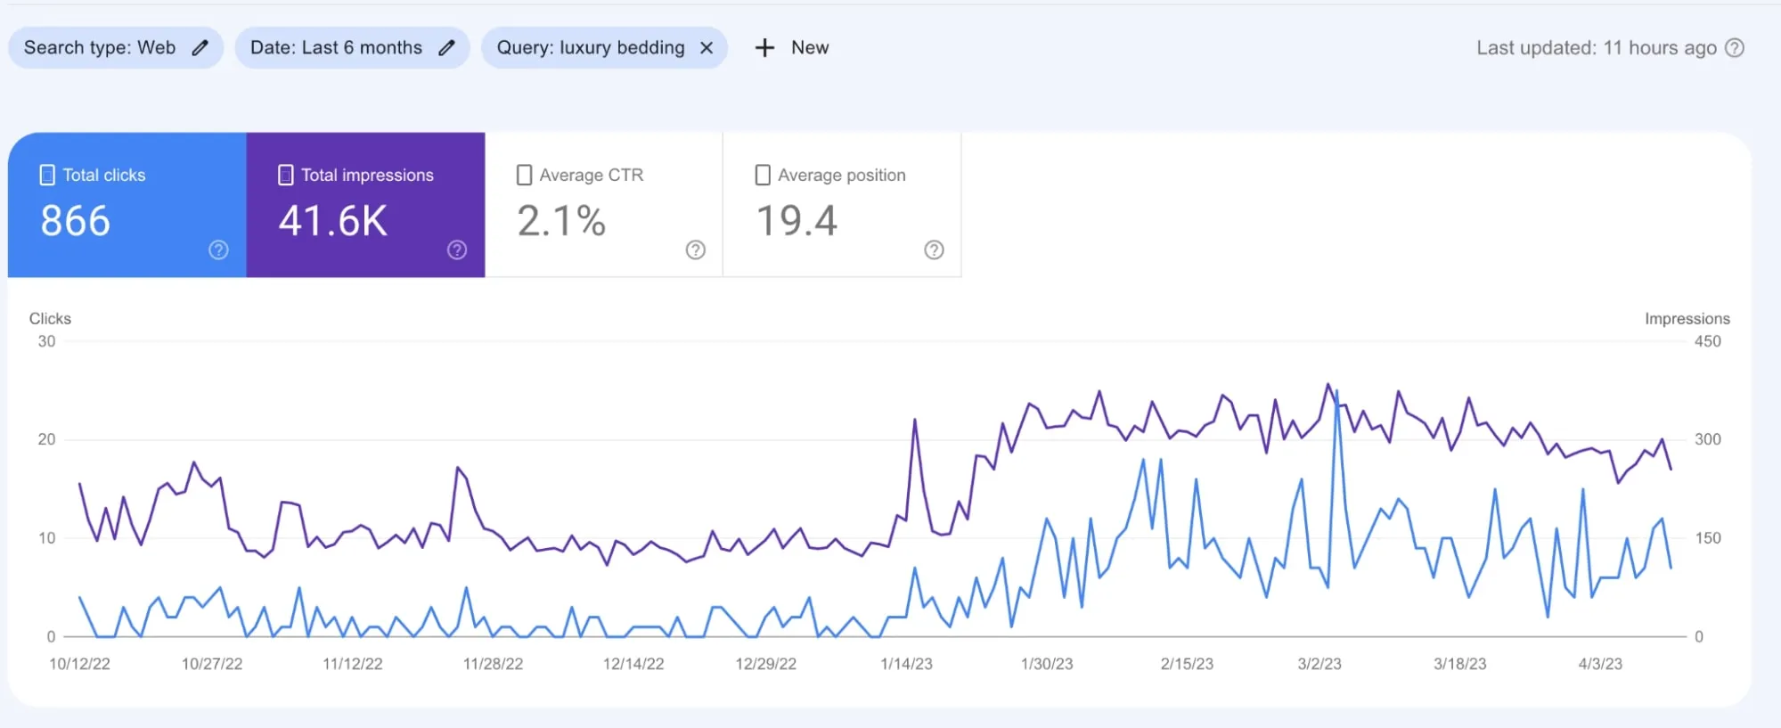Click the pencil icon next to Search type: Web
tap(200, 48)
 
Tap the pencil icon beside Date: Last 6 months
tap(447, 48)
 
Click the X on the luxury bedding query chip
tap(707, 48)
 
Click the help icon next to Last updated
tap(1735, 48)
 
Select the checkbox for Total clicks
tap(47, 175)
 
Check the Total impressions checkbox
tap(285, 175)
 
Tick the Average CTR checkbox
tap(524, 175)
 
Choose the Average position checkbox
tap(763, 175)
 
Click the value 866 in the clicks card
tap(76, 221)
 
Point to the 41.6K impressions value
tap(333, 221)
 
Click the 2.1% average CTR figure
tap(561, 221)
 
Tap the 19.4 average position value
tap(797, 221)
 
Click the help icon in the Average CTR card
tap(696, 250)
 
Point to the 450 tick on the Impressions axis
tap(1707, 341)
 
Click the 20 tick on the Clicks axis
tap(46, 439)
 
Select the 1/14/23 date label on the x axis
tap(906, 664)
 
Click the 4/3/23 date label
tap(1600, 664)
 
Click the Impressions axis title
tap(1687, 319)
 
